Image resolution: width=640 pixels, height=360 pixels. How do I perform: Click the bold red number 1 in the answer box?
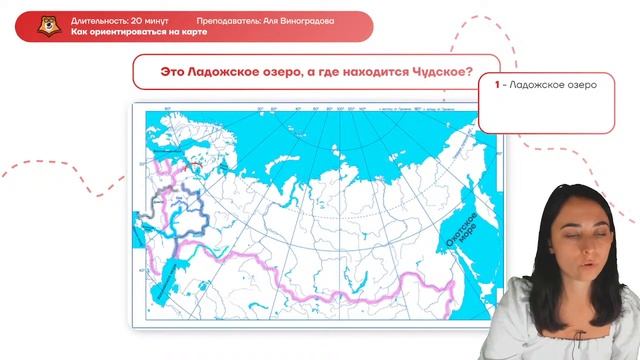point(497,85)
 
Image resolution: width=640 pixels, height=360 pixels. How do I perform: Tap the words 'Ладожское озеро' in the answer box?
point(554,85)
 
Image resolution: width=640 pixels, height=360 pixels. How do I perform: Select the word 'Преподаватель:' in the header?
point(227,20)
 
